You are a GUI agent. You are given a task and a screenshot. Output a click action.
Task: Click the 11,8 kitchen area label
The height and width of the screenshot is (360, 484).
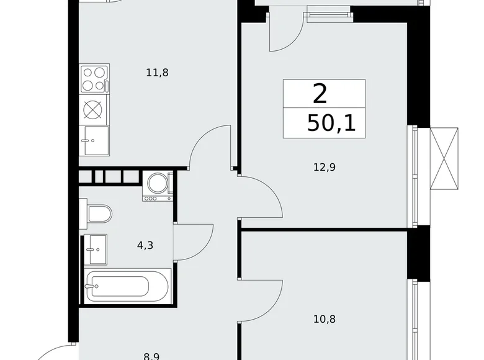(157, 73)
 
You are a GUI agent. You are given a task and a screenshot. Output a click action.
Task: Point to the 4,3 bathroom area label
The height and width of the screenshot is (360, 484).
(145, 245)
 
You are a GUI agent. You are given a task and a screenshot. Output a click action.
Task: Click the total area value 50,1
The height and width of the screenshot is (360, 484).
(331, 123)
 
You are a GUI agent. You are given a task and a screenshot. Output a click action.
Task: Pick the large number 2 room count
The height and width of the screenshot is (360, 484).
(320, 94)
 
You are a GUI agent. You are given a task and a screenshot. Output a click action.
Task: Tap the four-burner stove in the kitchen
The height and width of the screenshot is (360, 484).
(94, 79)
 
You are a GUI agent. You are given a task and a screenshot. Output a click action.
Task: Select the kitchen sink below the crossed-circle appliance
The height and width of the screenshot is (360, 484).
(94, 140)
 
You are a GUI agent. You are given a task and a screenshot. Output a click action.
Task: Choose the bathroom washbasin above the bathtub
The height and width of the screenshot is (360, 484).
(95, 250)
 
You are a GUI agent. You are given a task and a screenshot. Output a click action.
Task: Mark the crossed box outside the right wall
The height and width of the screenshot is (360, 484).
(444, 158)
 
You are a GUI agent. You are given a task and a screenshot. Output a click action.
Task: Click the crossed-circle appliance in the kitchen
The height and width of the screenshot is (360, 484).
(93, 109)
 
